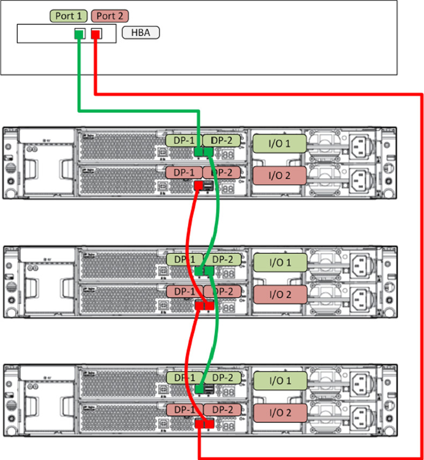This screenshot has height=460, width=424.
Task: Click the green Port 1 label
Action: [69, 16]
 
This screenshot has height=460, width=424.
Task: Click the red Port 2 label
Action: [110, 16]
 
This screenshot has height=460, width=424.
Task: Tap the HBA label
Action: [141, 33]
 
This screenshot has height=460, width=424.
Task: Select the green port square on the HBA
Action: [79, 34]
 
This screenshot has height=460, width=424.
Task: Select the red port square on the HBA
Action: [96, 34]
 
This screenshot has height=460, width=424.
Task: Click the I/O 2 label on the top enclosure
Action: [279, 175]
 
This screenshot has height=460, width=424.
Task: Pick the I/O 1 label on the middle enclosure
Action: [279, 262]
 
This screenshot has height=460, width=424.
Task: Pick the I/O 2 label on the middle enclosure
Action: [279, 294]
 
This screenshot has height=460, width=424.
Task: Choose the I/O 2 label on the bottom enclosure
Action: [279, 413]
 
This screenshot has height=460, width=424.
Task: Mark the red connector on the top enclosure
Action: [199, 186]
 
